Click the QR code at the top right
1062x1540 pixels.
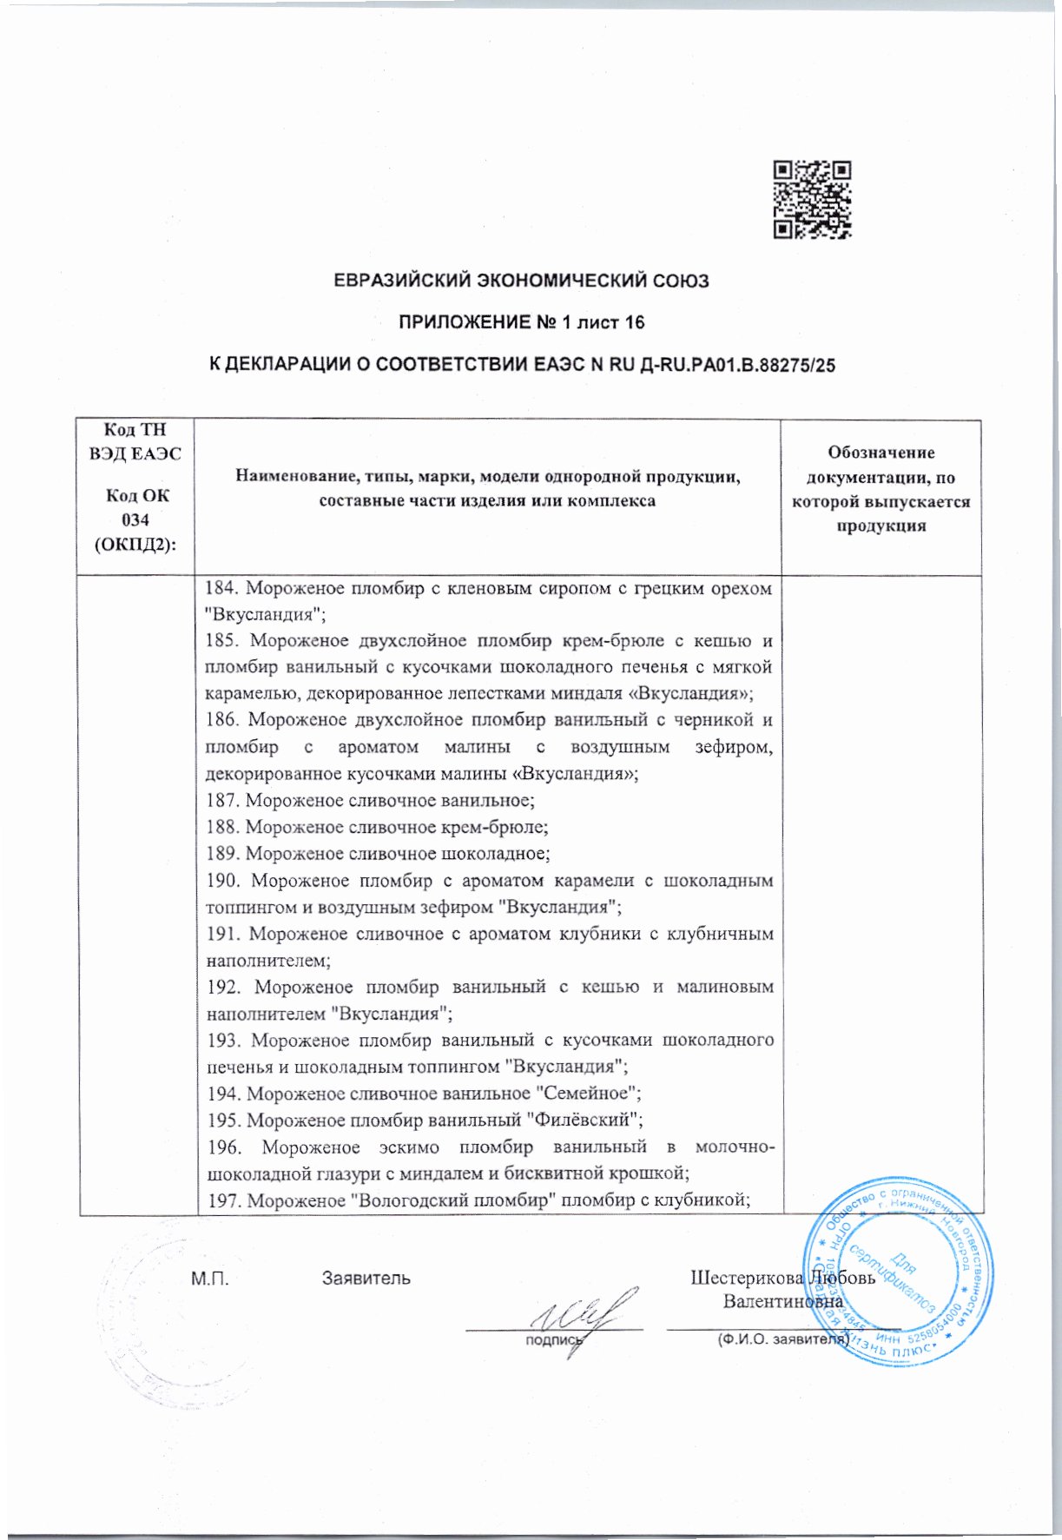pos(812,199)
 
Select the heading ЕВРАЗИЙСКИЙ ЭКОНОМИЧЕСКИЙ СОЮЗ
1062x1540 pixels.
pos(522,281)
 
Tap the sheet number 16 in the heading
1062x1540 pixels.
pos(634,323)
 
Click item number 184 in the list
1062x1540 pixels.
pos(220,589)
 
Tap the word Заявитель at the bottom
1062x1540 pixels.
pos(366,1279)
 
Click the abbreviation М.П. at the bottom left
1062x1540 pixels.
pos(209,1279)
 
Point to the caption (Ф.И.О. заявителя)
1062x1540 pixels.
pos(782,1339)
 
